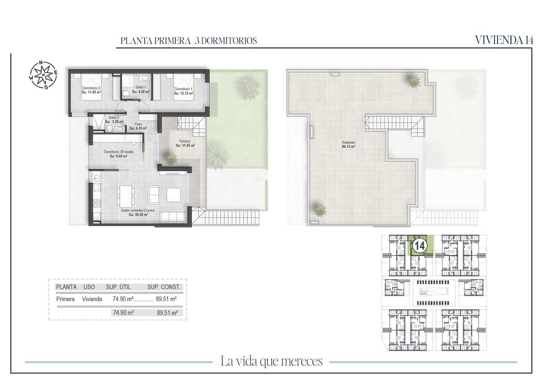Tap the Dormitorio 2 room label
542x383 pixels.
tap(91, 88)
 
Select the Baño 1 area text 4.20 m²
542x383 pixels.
tap(141, 92)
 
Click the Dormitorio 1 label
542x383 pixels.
tap(183, 89)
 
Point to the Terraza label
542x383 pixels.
tap(185, 141)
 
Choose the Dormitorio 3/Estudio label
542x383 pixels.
tap(118, 152)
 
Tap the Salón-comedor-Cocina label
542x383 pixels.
tap(138, 210)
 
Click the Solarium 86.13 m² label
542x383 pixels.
tap(348, 145)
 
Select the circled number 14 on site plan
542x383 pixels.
tap(420, 245)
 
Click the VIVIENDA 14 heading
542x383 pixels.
tap(504, 40)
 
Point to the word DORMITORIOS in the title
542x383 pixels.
tap(229, 41)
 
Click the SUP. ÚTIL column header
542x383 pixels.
tap(118, 287)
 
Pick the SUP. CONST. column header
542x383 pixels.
tap(164, 287)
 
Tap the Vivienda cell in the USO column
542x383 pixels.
tap(92, 299)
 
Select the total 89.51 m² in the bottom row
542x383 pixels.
tap(167, 313)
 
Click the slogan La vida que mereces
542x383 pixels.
tap(271, 361)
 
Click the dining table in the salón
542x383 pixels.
tap(126, 196)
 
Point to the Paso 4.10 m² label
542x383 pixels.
tap(138, 126)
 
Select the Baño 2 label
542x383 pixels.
tap(114, 118)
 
